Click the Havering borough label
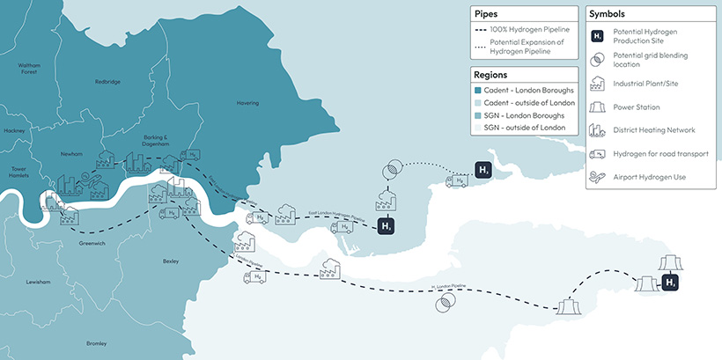(247, 103)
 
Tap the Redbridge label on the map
(107, 82)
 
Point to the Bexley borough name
(171, 261)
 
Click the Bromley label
(96, 342)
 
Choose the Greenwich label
(92, 242)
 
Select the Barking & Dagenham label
(154, 141)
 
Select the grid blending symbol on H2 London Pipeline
(445, 304)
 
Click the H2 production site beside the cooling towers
(670, 283)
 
